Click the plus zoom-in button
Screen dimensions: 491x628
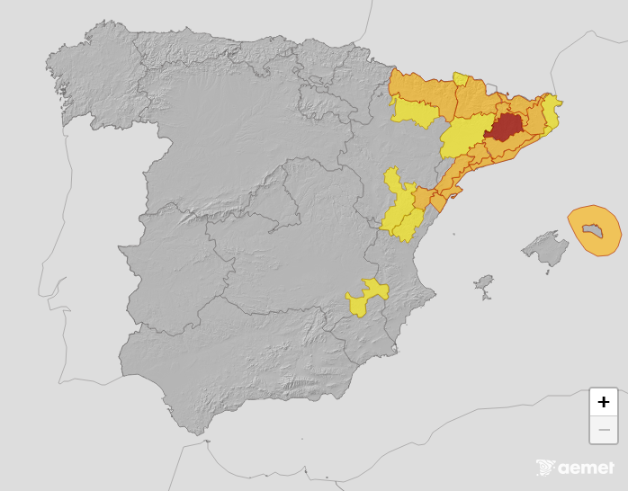tap(603, 402)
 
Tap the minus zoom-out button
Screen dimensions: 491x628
tap(603, 430)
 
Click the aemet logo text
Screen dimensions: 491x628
tap(586, 468)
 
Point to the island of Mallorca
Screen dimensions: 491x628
tap(543, 249)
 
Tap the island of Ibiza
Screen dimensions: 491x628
tap(484, 286)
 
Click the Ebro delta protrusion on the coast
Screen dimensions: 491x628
tap(438, 204)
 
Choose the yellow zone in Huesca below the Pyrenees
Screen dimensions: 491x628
tap(414, 112)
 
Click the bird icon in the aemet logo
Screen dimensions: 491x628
tap(545, 468)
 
